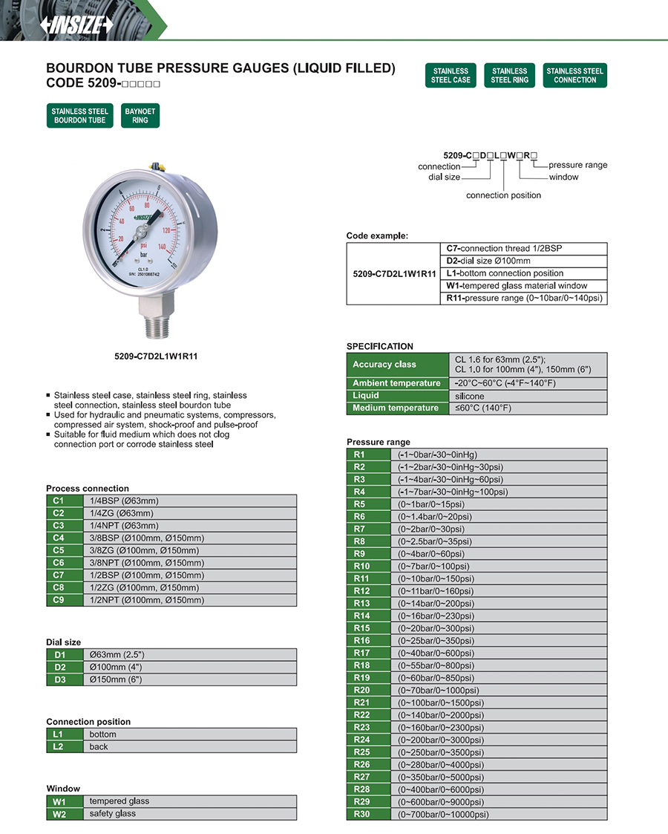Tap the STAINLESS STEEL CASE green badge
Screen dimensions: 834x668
pos(451,76)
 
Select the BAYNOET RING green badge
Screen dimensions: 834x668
pos(140,116)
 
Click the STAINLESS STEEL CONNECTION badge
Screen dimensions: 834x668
pos(574,76)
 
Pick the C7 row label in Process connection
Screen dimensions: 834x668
pos(59,576)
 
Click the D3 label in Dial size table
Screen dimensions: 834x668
pos(59,680)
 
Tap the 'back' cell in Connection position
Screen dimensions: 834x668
pos(99,747)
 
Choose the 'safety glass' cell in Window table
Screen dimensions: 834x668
pos(113,814)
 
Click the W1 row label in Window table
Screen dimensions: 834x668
pos(59,802)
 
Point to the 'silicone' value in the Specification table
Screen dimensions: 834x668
pos(469,396)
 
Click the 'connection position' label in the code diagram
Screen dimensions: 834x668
pos(503,195)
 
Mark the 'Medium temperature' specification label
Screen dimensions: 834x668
pos(396,408)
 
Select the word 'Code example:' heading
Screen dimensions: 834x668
pos(377,236)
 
